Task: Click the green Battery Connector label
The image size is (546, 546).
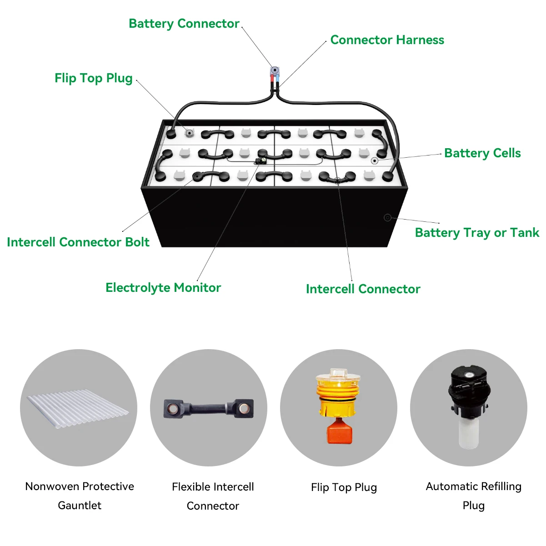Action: tap(184, 24)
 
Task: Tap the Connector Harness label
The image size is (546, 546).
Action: tap(387, 40)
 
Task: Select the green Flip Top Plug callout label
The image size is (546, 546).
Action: tap(93, 78)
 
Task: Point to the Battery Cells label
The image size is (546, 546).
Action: tap(482, 153)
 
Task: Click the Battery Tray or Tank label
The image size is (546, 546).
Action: tap(477, 233)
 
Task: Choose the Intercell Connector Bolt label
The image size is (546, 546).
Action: tap(78, 242)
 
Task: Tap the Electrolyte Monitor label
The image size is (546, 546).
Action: tap(163, 288)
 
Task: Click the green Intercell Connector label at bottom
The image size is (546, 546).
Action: tap(363, 289)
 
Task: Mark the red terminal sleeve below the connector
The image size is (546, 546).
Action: tap(272, 79)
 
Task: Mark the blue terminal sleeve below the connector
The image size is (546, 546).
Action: tap(277, 79)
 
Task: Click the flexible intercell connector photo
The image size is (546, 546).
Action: tap(209, 408)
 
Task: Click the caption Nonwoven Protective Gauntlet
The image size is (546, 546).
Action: tap(80, 496)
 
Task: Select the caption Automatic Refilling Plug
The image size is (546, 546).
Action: tap(473, 496)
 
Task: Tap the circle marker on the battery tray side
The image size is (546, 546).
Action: tap(387, 218)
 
